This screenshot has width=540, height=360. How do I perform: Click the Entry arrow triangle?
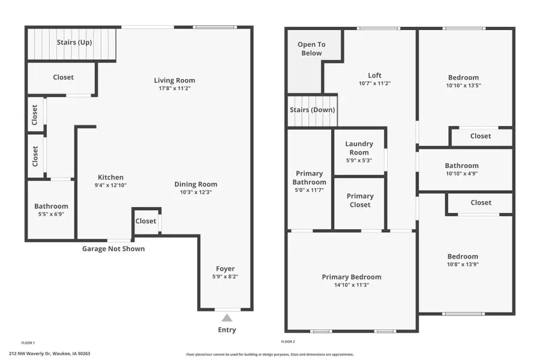(227, 318)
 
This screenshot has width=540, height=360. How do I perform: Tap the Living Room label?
(174, 80)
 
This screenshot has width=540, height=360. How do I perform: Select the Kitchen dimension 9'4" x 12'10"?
(110, 185)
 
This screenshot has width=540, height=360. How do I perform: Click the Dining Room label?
(196, 184)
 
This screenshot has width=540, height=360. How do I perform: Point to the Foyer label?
(225, 269)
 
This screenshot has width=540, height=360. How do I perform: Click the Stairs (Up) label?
(74, 43)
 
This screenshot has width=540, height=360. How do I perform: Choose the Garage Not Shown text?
(113, 248)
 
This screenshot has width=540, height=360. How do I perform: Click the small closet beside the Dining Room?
(146, 221)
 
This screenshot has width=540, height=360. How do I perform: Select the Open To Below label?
(311, 49)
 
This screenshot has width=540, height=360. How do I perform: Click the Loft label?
(374, 76)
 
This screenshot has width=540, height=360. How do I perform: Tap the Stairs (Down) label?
(312, 110)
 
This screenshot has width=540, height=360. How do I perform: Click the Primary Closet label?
(359, 200)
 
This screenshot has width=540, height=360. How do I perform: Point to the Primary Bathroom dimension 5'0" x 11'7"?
(310, 190)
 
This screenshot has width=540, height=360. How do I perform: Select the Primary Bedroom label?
(351, 277)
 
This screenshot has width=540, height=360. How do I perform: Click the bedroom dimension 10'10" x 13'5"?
(464, 85)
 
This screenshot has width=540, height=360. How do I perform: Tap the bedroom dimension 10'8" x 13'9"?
(463, 264)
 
